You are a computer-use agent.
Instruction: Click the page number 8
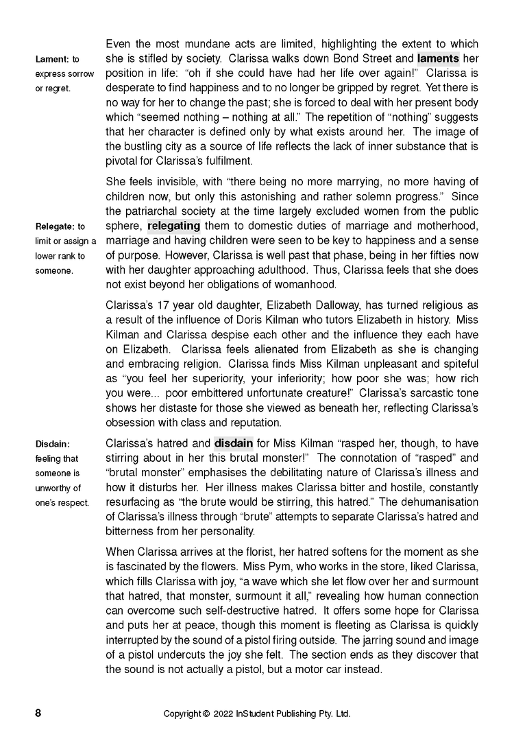click(x=38, y=713)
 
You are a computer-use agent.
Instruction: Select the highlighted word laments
click(x=438, y=58)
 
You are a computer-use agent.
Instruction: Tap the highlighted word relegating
click(x=174, y=226)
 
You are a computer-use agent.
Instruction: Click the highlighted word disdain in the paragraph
click(x=234, y=443)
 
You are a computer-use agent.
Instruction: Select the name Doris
click(x=286, y=319)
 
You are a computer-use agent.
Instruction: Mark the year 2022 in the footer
click(x=227, y=714)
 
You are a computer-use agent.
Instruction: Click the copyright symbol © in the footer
click(x=206, y=714)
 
